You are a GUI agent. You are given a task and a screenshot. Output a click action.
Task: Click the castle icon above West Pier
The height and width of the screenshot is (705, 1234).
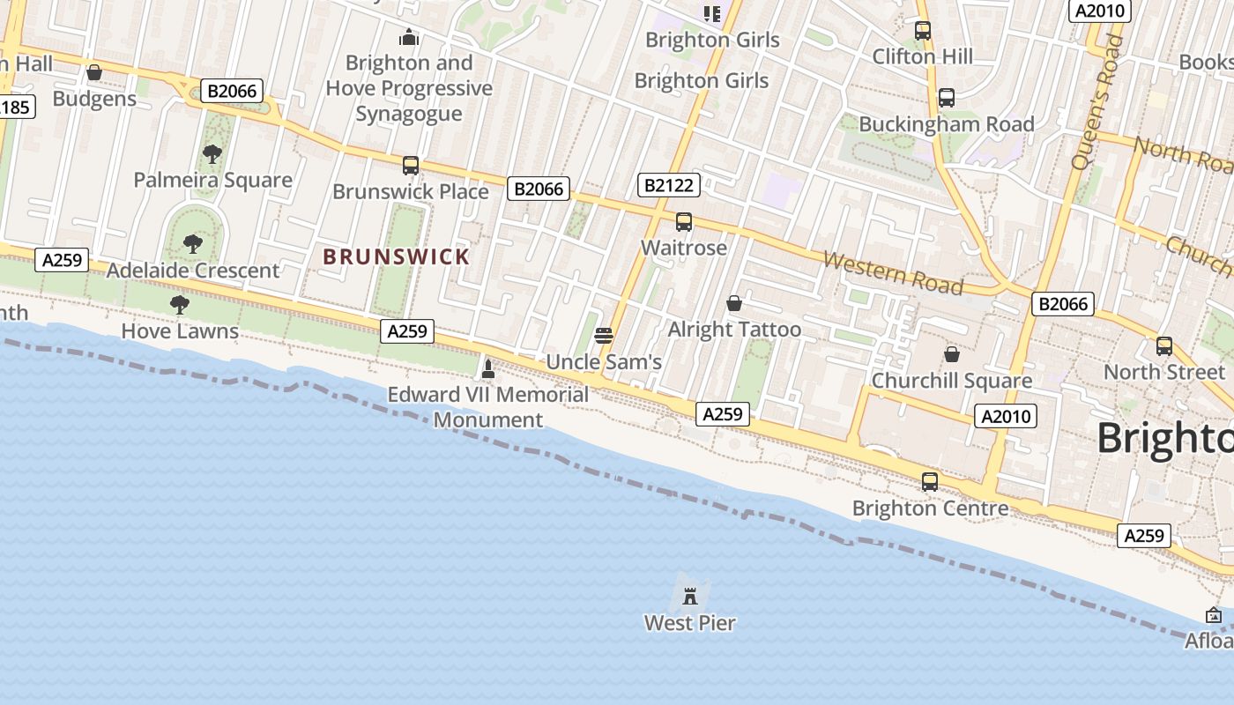point(690,597)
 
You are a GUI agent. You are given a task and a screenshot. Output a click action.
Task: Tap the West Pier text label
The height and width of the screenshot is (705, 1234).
point(690,623)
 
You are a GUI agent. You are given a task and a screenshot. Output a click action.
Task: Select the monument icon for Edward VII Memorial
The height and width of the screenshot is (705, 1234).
point(488,368)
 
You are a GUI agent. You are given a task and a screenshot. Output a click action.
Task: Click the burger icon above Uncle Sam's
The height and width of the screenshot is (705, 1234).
point(604,335)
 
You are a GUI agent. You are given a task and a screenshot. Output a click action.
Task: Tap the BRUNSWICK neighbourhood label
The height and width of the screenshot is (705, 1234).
point(397,257)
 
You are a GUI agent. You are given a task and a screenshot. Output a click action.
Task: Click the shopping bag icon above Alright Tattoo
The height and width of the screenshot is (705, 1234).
point(734,304)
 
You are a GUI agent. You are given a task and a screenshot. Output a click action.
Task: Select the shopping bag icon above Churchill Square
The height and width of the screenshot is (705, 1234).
point(952,354)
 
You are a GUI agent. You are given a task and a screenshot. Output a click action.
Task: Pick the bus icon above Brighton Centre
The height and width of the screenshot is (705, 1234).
point(930,482)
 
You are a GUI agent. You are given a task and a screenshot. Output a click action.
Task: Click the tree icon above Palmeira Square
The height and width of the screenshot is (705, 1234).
point(212,154)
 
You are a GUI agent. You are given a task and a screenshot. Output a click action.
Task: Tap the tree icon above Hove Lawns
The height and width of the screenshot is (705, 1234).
point(180,305)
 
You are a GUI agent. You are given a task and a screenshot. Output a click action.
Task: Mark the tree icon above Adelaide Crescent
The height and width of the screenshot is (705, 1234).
point(193,244)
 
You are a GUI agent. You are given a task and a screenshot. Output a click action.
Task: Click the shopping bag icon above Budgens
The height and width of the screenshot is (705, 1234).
point(94,72)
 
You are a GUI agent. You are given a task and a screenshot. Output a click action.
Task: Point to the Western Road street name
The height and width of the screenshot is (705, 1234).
point(893,273)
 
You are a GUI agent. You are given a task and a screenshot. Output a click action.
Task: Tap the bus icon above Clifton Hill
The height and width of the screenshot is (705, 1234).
point(923,31)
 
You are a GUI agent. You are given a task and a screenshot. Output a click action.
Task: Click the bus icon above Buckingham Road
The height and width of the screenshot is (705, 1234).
point(947,98)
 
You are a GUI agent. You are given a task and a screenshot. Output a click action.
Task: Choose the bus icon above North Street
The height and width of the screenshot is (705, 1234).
point(1164,346)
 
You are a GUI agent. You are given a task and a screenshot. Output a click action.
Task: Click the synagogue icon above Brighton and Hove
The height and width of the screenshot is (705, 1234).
point(409,37)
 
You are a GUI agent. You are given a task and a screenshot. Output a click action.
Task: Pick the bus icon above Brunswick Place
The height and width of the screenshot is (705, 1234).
point(411,166)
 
